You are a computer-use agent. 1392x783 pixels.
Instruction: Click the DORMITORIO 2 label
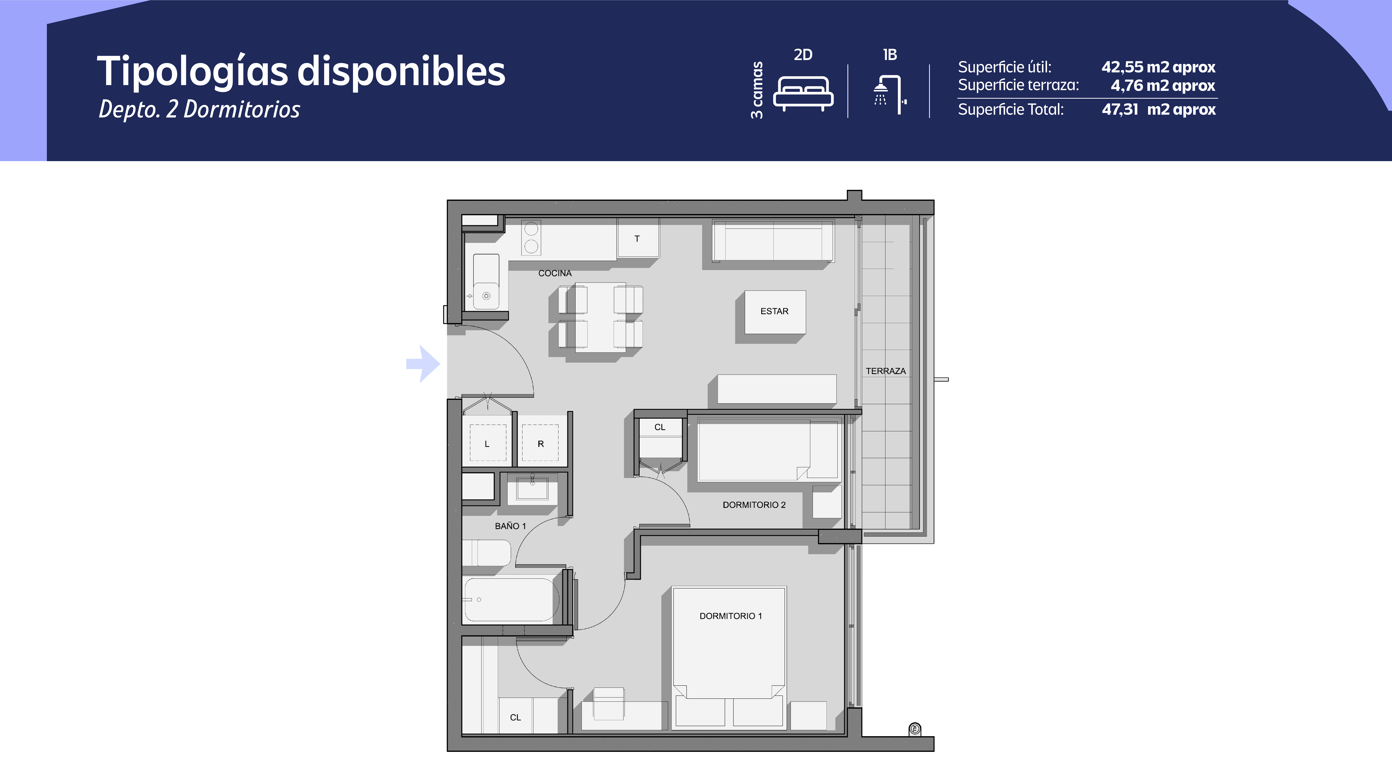click(x=754, y=505)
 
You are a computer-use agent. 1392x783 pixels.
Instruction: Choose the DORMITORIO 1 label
click(x=731, y=616)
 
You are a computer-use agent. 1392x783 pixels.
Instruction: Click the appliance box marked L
click(x=487, y=443)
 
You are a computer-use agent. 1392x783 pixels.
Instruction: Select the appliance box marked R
click(x=540, y=443)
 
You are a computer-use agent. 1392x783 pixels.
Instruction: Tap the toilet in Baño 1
click(x=486, y=552)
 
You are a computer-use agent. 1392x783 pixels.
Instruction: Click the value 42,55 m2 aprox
click(x=1158, y=67)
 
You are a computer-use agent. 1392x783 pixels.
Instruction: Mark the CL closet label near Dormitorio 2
click(x=660, y=427)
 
